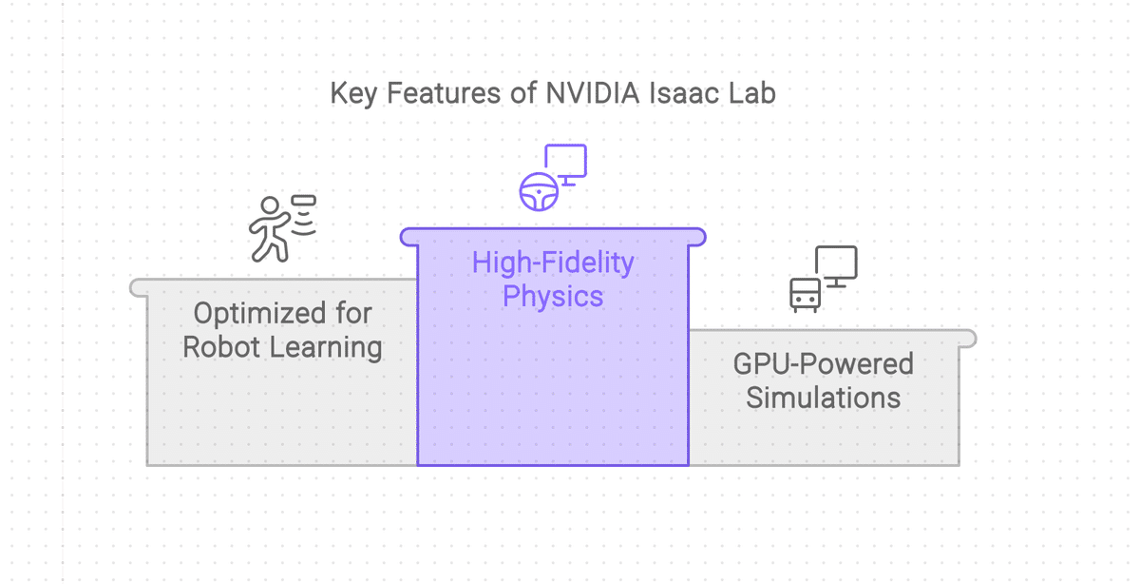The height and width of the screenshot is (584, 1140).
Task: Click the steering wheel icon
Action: [x=539, y=190]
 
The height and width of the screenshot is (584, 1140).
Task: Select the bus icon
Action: [x=805, y=294]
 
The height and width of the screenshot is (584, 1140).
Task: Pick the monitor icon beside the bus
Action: [x=836, y=265]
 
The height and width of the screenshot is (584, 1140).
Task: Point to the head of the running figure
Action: [x=271, y=204]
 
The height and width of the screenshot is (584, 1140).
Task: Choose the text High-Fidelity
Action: [x=553, y=263]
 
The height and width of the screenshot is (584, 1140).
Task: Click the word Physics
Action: [x=553, y=297]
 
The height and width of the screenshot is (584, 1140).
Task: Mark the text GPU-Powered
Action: [x=823, y=363]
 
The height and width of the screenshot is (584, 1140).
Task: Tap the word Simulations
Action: [x=823, y=398]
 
